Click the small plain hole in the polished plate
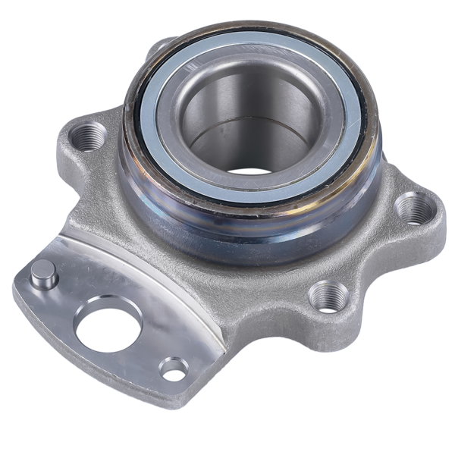(174, 369)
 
